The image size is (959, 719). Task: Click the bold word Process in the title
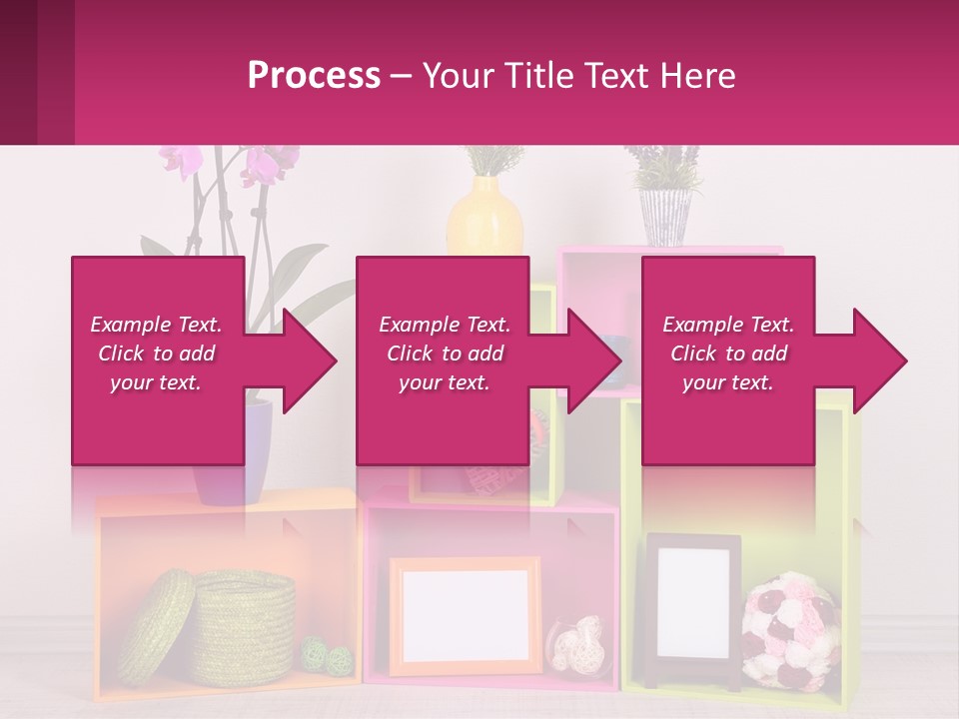click(x=314, y=75)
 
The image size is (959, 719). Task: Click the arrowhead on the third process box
click(x=875, y=360)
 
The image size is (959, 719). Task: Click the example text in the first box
click(x=156, y=354)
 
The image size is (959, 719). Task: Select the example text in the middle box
click(x=445, y=354)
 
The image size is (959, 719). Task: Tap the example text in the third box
click(x=728, y=354)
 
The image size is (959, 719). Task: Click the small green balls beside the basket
click(x=329, y=655)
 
